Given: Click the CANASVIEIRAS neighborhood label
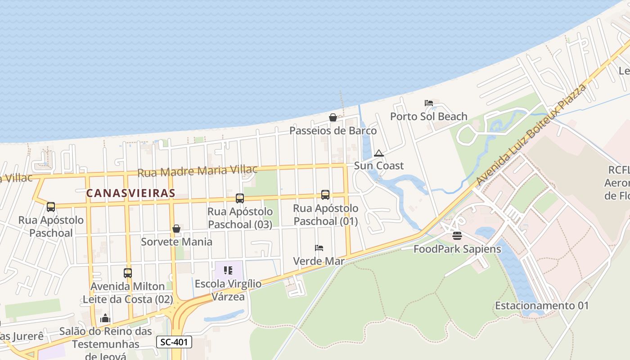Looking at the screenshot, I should (x=130, y=193).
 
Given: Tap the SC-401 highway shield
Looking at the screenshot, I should (x=174, y=342).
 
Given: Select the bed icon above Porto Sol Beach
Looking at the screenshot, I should (x=428, y=103).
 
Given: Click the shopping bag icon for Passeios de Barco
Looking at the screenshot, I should (x=333, y=117).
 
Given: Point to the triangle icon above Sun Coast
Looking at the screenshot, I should (x=378, y=153).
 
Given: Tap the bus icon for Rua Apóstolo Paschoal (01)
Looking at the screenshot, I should (x=325, y=195).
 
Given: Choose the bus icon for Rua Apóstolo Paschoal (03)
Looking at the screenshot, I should (x=240, y=198).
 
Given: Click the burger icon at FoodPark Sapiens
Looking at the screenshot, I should (x=457, y=235).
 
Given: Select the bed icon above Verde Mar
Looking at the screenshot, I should (x=319, y=247).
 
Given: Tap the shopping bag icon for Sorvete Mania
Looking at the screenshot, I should (x=176, y=229).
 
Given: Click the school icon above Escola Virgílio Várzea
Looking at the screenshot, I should (x=228, y=270).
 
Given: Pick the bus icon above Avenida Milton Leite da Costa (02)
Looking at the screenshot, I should (x=128, y=273).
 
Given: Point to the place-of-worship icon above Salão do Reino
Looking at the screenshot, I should (x=105, y=318).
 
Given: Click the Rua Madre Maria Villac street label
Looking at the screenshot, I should (x=198, y=171).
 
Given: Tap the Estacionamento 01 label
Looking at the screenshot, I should (x=542, y=306).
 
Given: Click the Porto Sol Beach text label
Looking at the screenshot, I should (x=428, y=117).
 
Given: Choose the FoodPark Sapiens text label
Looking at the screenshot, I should (x=457, y=248).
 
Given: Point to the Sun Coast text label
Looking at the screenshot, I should (x=378, y=166).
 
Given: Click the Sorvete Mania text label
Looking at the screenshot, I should (x=176, y=242).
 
